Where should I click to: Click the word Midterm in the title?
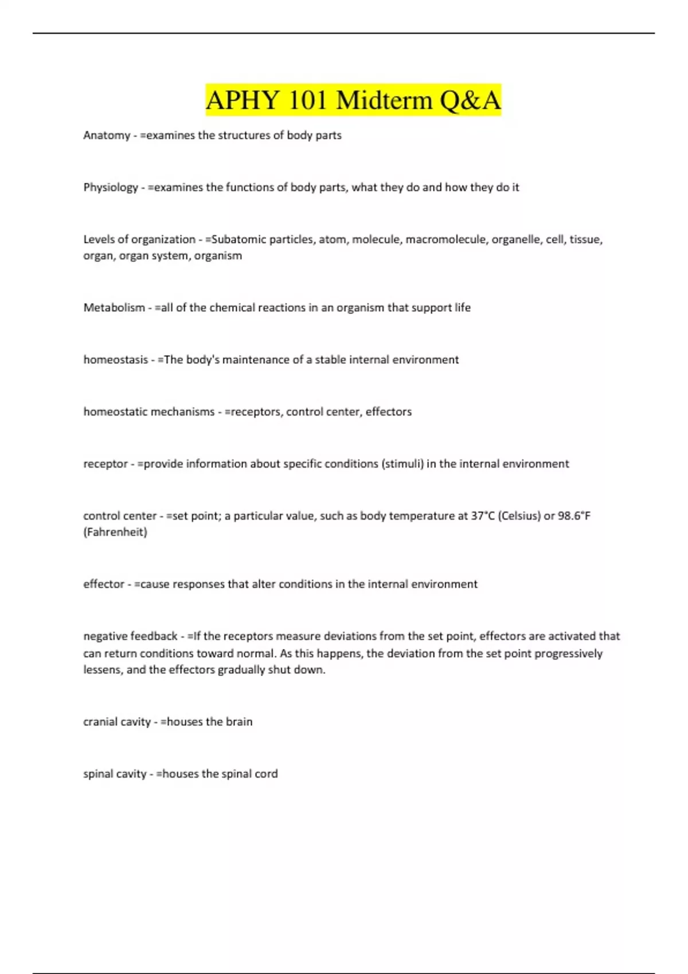[x=384, y=100]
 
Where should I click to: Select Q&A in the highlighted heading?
[x=470, y=100]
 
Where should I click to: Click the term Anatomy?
[x=107, y=135]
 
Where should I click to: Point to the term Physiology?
[x=111, y=187]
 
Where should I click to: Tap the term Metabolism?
[x=114, y=308]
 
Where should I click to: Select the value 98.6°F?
[x=574, y=516]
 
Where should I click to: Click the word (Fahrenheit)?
[x=115, y=532]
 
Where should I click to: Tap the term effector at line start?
[x=104, y=584]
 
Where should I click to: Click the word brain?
[x=239, y=722]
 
